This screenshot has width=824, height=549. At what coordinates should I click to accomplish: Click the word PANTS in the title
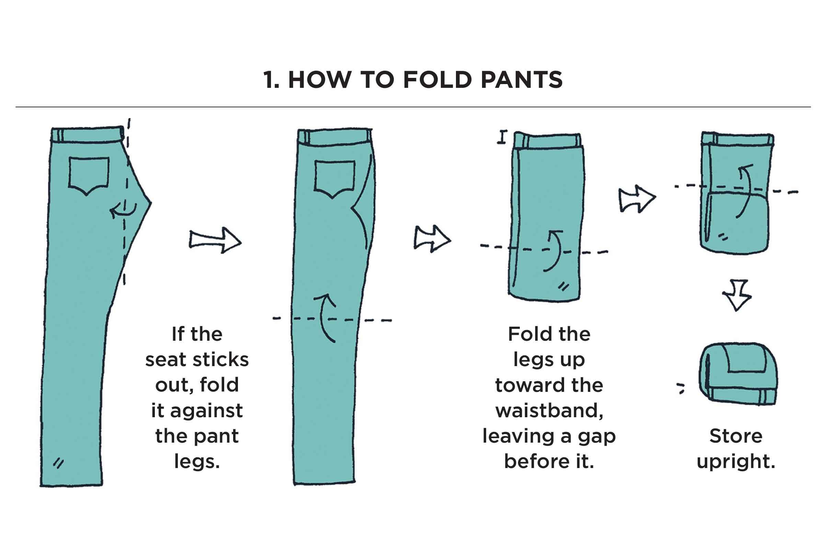click(522, 80)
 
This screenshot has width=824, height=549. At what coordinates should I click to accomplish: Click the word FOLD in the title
click(437, 80)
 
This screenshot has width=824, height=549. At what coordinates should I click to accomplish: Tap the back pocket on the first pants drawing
click(89, 175)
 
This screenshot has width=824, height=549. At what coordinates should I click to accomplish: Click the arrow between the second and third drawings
click(432, 239)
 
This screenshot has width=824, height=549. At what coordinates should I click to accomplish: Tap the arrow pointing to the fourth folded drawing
click(637, 199)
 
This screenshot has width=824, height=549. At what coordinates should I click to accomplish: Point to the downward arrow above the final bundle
click(736, 295)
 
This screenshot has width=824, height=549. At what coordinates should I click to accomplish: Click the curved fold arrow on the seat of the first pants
click(123, 209)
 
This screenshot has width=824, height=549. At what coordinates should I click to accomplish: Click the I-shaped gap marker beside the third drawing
click(503, 137)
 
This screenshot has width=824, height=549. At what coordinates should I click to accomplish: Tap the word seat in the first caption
click(165, 360)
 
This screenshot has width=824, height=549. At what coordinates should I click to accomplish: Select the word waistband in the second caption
click(549, 410)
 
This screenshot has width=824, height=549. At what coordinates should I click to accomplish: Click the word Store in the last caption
click(736, 436)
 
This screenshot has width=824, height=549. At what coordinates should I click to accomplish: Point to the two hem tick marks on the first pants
click(58, 463)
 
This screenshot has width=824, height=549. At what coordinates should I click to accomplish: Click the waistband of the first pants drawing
click(88, 135)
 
